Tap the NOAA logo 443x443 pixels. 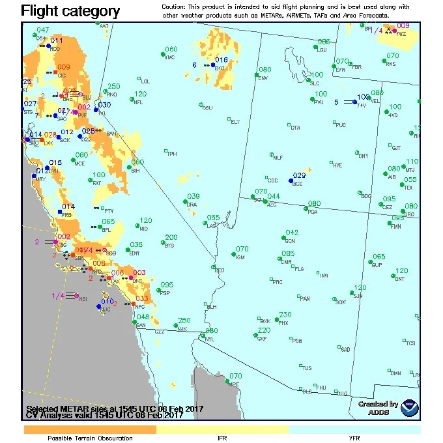point(410,408)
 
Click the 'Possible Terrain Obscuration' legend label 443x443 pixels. point(90,438)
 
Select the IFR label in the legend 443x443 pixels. point(222,438)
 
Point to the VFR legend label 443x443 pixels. point(354,438)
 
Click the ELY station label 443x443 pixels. point(235,122)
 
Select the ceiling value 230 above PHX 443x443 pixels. point(285,315)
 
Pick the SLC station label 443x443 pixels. point(315,83)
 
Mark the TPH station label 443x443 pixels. point(172,154)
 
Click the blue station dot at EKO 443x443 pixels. point(213,65)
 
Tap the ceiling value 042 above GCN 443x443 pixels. point(292,233)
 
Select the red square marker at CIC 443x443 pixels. point(57,72)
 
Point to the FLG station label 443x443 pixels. point(299,268)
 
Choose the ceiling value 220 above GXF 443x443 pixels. point(264,330)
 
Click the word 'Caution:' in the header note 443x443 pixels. point(176,6)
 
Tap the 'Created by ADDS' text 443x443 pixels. point(378,408)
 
